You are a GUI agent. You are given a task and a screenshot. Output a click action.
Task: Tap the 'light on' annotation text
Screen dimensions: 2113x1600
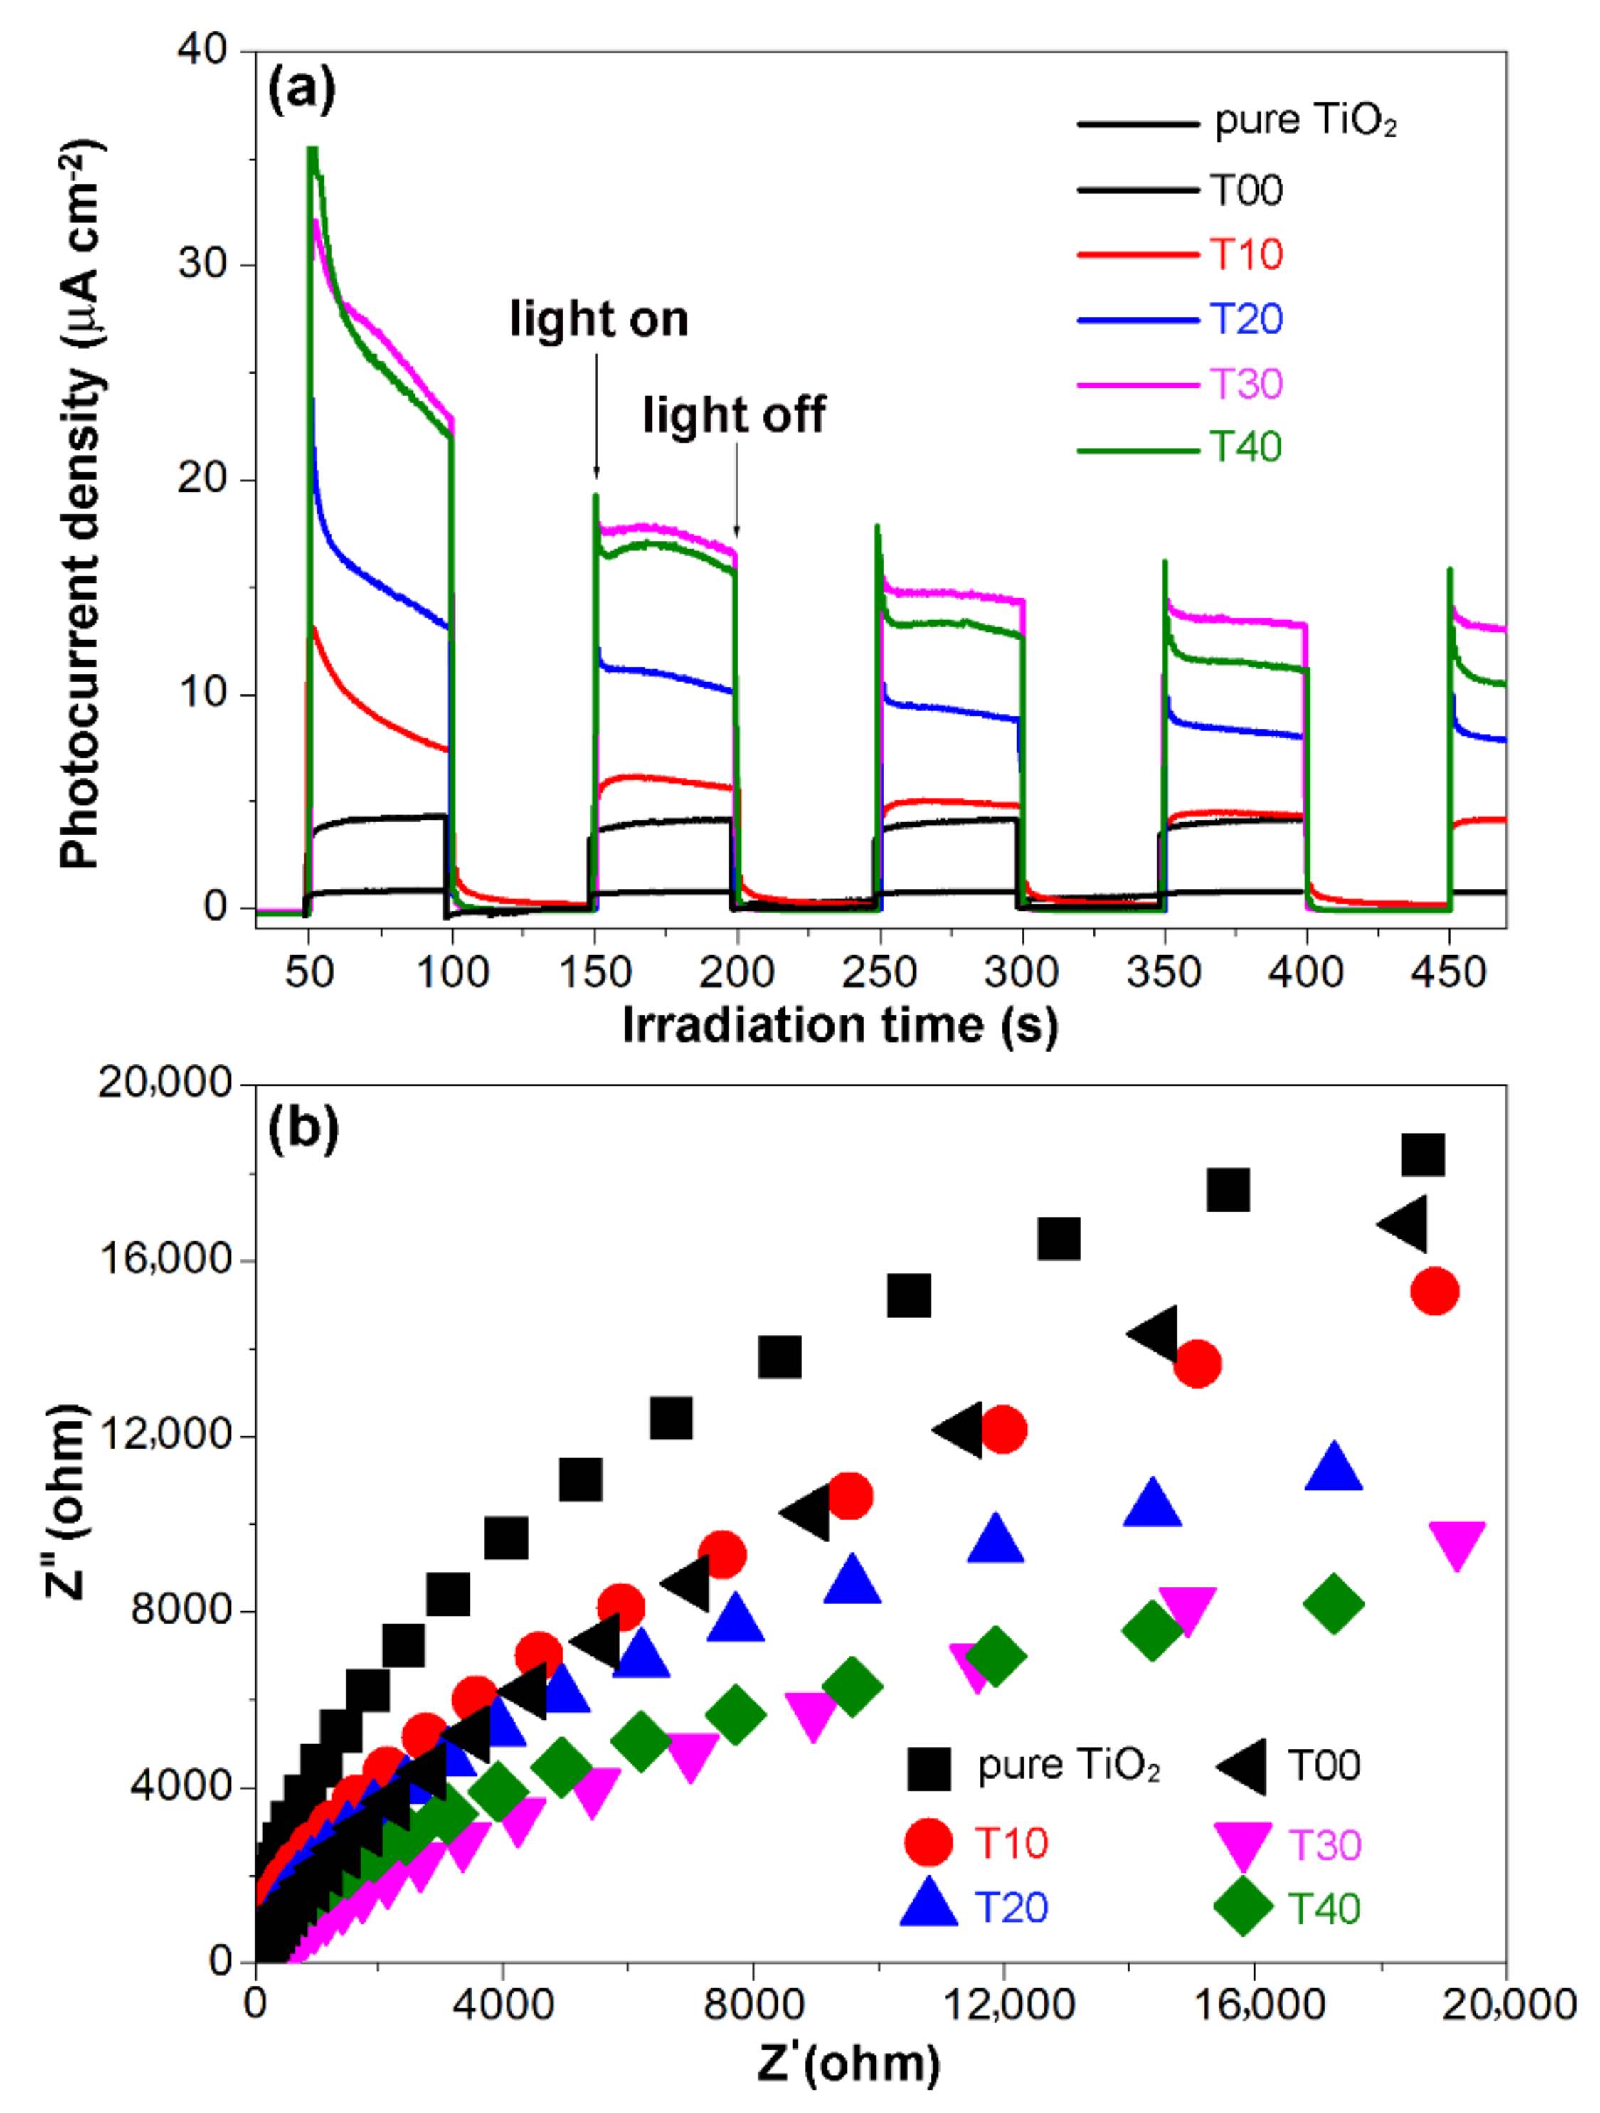tap(598, 319)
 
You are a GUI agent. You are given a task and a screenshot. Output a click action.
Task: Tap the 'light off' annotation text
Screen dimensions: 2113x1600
tap(733, 415)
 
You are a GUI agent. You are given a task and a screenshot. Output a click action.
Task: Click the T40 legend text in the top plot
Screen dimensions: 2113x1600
tap(1246, 447)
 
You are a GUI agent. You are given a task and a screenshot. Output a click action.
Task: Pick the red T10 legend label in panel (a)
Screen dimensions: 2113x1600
tap(1246, 254)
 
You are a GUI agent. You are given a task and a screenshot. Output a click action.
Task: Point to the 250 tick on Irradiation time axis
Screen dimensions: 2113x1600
tap(879, 973)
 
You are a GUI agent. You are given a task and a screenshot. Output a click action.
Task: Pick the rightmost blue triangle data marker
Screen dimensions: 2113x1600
tap(1333, 1469)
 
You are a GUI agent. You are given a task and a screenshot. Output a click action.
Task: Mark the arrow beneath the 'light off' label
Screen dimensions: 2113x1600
tap(736, 492)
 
